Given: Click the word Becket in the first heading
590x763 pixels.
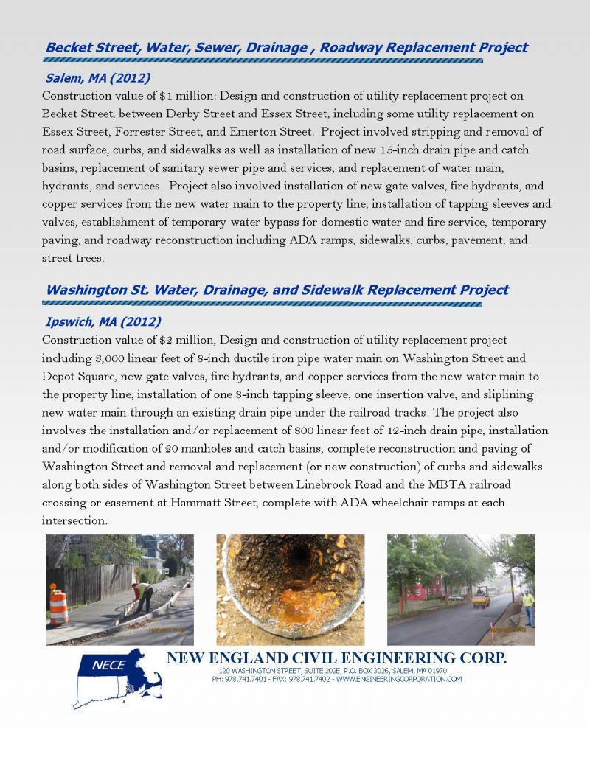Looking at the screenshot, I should (x=69, y=47).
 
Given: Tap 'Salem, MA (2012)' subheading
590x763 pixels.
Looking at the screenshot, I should (x=97, y=77).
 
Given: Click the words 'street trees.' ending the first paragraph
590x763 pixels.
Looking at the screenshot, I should (x=73, y=258).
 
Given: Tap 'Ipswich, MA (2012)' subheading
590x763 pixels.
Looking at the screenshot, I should (x=103, y=321).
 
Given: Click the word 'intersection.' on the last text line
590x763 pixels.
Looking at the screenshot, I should (x=75, y=520).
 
